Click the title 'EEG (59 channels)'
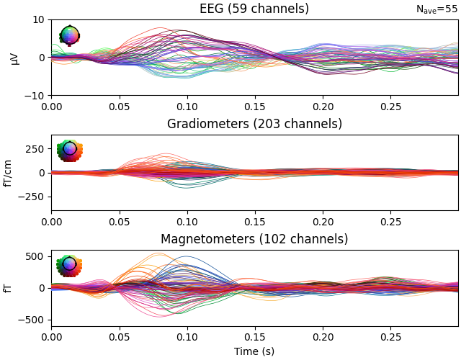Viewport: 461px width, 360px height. pos(254,9)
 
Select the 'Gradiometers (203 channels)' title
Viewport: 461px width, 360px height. pos(254,124)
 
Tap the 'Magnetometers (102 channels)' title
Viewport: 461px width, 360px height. pos(254,239)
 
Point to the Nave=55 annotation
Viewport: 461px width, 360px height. pos(437,9)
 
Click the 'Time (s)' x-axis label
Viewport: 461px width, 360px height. pos(254,351)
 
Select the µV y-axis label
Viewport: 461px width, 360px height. pos(14,58)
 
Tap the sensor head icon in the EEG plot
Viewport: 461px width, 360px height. pos(69,35)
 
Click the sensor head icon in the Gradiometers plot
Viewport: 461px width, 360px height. pos(69,149)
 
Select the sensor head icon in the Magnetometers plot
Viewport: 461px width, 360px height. pos(69,264)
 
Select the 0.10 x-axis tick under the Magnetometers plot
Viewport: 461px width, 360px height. pos(187,336)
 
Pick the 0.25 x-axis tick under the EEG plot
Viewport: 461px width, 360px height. pos(390,106)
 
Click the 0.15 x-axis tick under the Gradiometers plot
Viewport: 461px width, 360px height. pos(255,221)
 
